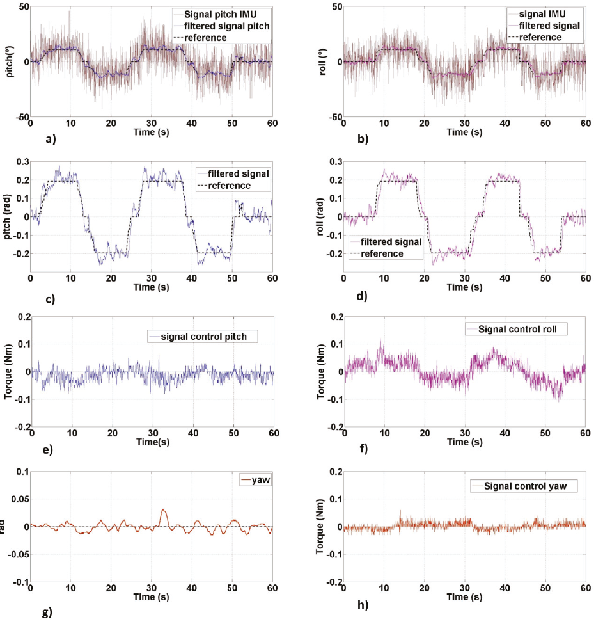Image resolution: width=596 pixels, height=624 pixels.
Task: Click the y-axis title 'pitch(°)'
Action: click(11, 62)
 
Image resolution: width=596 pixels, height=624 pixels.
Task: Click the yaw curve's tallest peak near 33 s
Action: click(163, 510)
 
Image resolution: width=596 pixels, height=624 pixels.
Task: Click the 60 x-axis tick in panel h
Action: click(584, 589)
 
